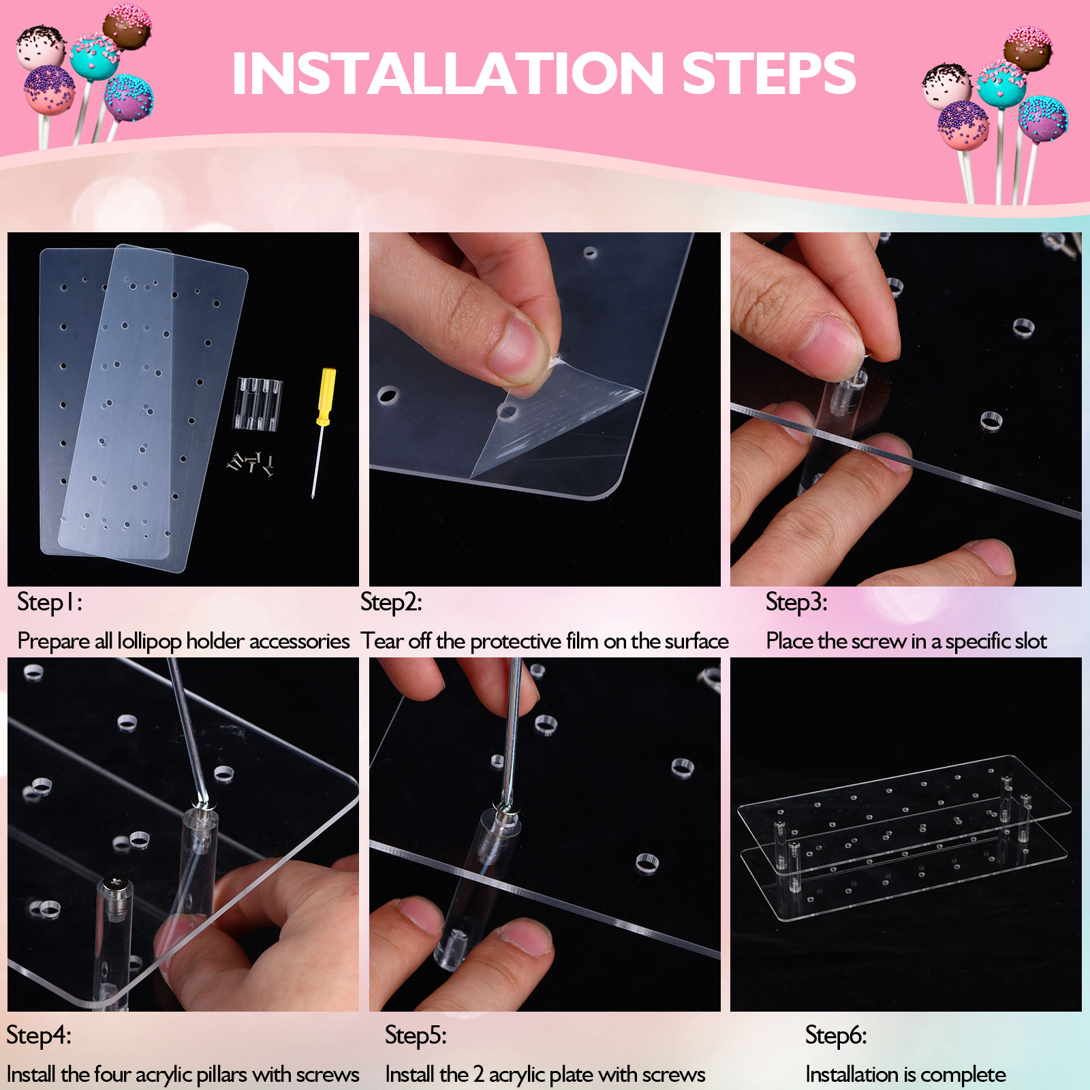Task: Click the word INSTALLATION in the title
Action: (448, 73)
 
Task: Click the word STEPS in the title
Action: (769, 73)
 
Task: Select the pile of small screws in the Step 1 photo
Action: (251, 464)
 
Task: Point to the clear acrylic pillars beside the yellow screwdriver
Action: (259, 403)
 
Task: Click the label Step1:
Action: (49, 602)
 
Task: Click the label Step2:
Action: (391, 602)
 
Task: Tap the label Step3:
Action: (796, 602)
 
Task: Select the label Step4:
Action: (39, 1035)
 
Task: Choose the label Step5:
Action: (416, 1035)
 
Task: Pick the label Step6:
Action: (836, 1035)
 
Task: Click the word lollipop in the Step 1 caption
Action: (149, 642)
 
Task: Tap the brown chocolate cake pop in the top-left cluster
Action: (127, 27)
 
